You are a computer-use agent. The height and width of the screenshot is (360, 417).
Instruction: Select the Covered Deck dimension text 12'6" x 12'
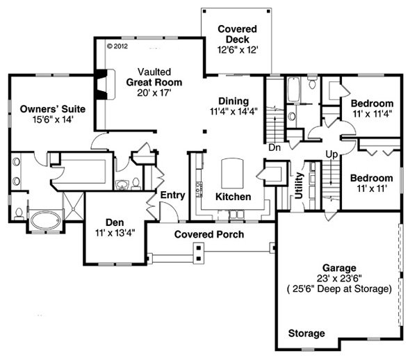coord(237,50)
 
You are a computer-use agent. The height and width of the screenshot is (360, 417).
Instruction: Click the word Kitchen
coord(232,197)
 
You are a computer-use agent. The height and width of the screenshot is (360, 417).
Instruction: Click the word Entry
coord(172,195)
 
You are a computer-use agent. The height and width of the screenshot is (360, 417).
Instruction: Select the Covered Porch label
coord(208,234)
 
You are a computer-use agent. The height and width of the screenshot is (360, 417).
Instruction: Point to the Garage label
coord(339,268)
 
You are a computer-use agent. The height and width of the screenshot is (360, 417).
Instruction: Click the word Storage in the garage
coord(306,334)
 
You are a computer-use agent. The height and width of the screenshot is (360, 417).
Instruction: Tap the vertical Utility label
coord(298,186)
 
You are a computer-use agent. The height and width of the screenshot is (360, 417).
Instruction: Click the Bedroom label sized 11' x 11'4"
coord(376,104)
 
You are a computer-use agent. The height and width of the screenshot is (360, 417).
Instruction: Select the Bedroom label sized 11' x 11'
coord(376,177)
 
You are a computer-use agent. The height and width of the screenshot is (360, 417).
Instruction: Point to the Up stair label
coord(332,153)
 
